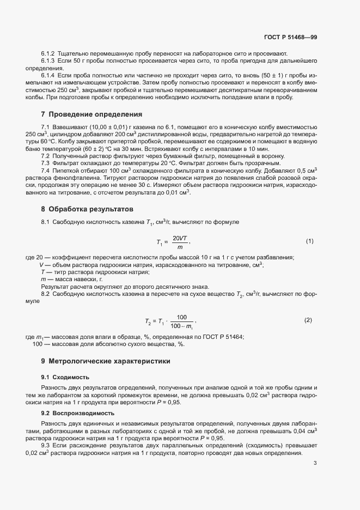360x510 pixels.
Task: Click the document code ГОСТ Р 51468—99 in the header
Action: [290, 38]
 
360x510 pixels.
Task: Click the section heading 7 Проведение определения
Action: [91, 115]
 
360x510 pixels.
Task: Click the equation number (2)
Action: [308, 320]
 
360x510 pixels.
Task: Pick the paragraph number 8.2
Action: [46, 294]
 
